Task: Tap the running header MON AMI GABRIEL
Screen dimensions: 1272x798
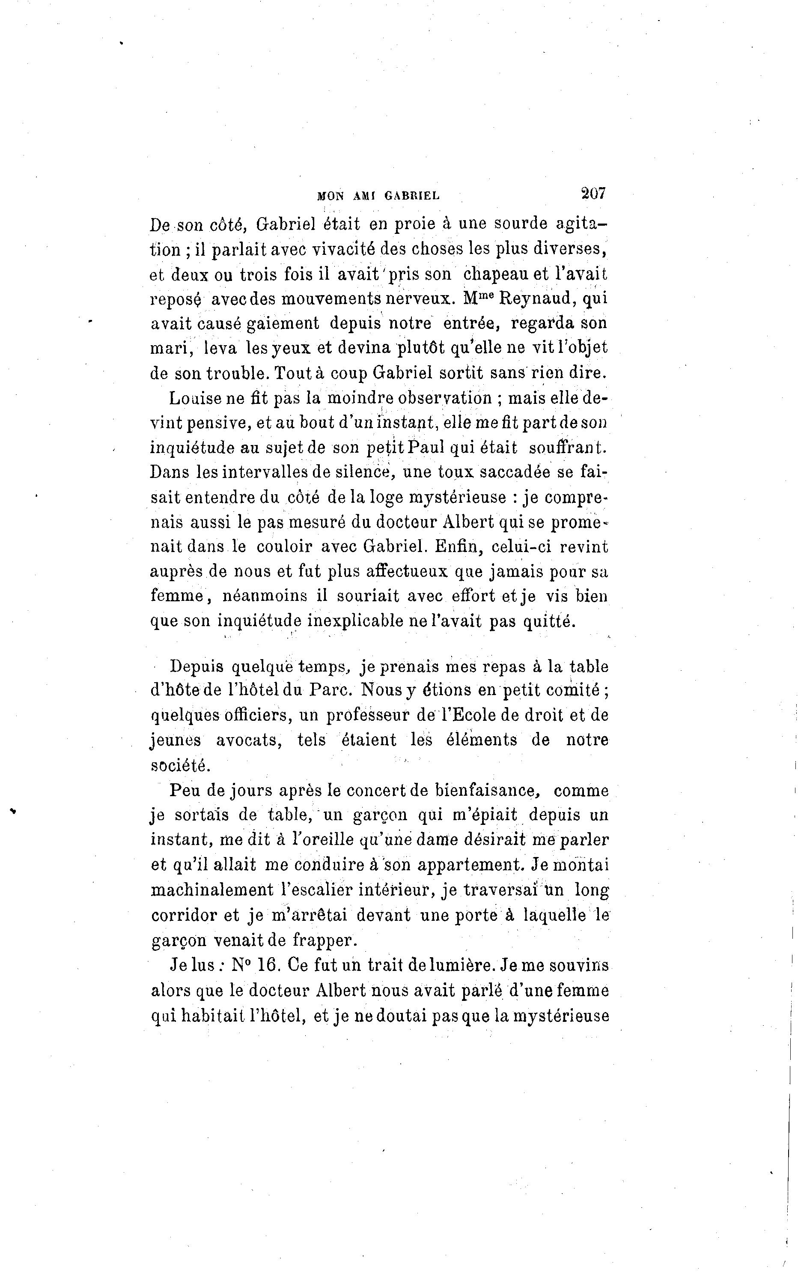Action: point(378,196)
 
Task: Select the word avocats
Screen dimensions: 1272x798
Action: point(249,740)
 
